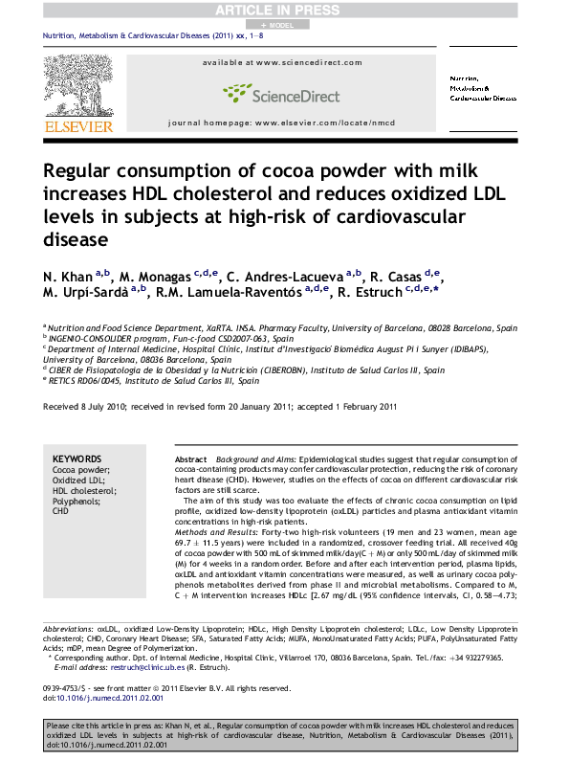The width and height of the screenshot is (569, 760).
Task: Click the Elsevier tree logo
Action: pos(72,84)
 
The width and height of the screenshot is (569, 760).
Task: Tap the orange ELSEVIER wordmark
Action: pos(73,123)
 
